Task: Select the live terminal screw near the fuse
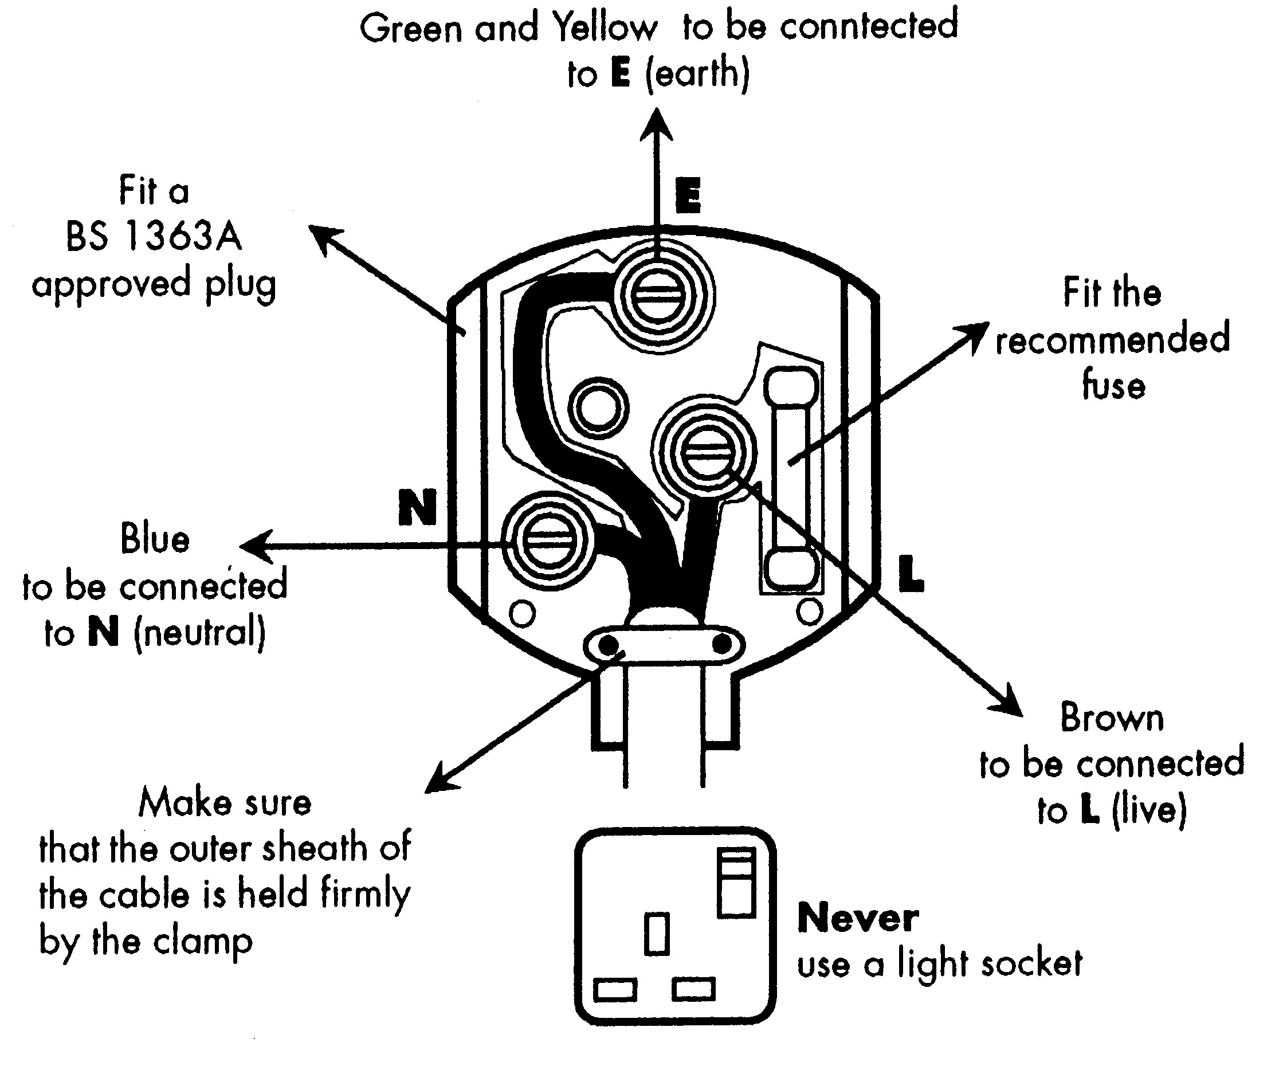point(707,452)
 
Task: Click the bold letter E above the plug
point(688,195)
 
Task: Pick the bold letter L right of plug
point(911,574)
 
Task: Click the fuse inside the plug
point(791,478)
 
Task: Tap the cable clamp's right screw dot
point(721,644)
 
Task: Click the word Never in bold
point(858,919)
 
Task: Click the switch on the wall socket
point(736,883)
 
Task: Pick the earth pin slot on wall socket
point(657,932)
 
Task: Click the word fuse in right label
point(1113,386)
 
